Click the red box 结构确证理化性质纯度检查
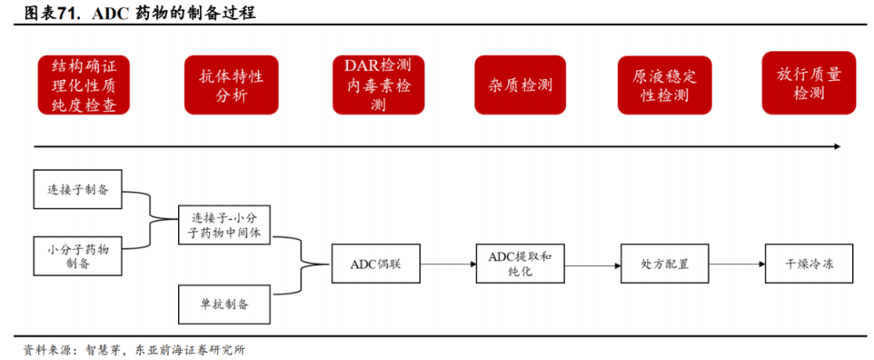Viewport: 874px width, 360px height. click(83, 85)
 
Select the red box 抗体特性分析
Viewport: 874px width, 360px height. click(231, 85)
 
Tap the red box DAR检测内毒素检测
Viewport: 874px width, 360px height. click(378, 85)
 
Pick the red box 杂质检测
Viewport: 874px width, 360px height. click(520, 85)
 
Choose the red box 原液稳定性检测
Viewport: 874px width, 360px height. click(664, 85)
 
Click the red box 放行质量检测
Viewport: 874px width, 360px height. click(808, 83)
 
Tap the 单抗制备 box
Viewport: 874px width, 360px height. click(225, 304)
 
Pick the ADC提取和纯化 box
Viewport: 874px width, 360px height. click(520, 264)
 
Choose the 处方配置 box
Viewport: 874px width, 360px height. click(664, 264)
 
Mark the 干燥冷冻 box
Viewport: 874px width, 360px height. click(808, 264)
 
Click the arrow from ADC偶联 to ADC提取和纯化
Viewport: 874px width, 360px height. click(449, 264)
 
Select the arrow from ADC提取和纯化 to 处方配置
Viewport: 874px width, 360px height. click(593, 264)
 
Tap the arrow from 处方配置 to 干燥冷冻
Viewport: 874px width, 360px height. click(737, 264)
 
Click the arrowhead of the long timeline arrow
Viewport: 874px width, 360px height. click(837, 146)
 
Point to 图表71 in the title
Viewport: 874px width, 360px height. click(52, 13)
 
